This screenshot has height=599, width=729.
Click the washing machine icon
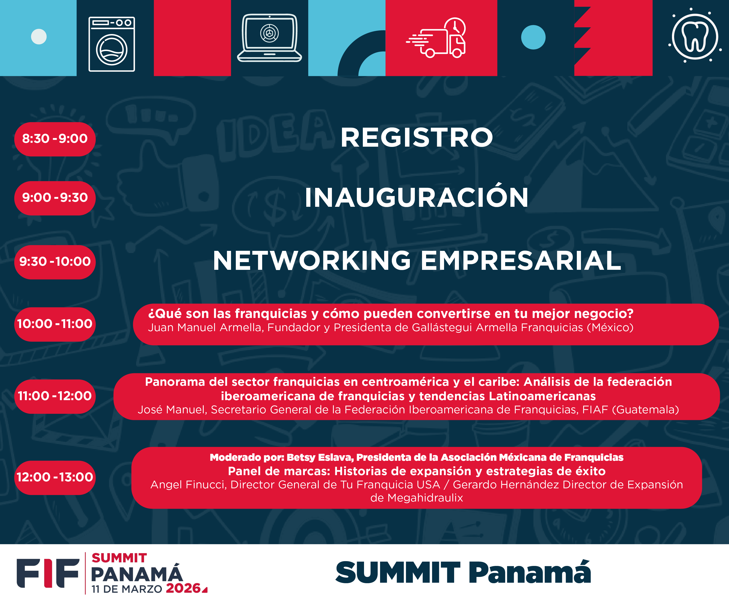(x=111, y=44)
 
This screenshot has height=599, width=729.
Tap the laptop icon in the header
(x=269, y=38)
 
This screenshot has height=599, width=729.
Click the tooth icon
(x=694, y=36)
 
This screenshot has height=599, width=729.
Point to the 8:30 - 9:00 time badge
(x=55, y=139)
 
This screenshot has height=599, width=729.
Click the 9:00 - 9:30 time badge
(x=55, y=198)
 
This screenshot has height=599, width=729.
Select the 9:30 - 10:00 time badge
(x=55, y=262)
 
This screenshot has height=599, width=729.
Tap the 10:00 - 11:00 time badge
(x=55, y=324)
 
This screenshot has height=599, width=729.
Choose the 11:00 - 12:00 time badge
(x=55, y=396)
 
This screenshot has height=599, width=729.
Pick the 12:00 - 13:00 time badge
(x=55, y=477)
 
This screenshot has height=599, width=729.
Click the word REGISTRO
(x=417, y=138)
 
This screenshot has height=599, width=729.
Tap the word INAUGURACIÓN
(x=416, y=198)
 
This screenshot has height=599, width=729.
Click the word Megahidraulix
(x=425, y=498)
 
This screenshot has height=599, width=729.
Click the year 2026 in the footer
(x=183, y=588)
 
